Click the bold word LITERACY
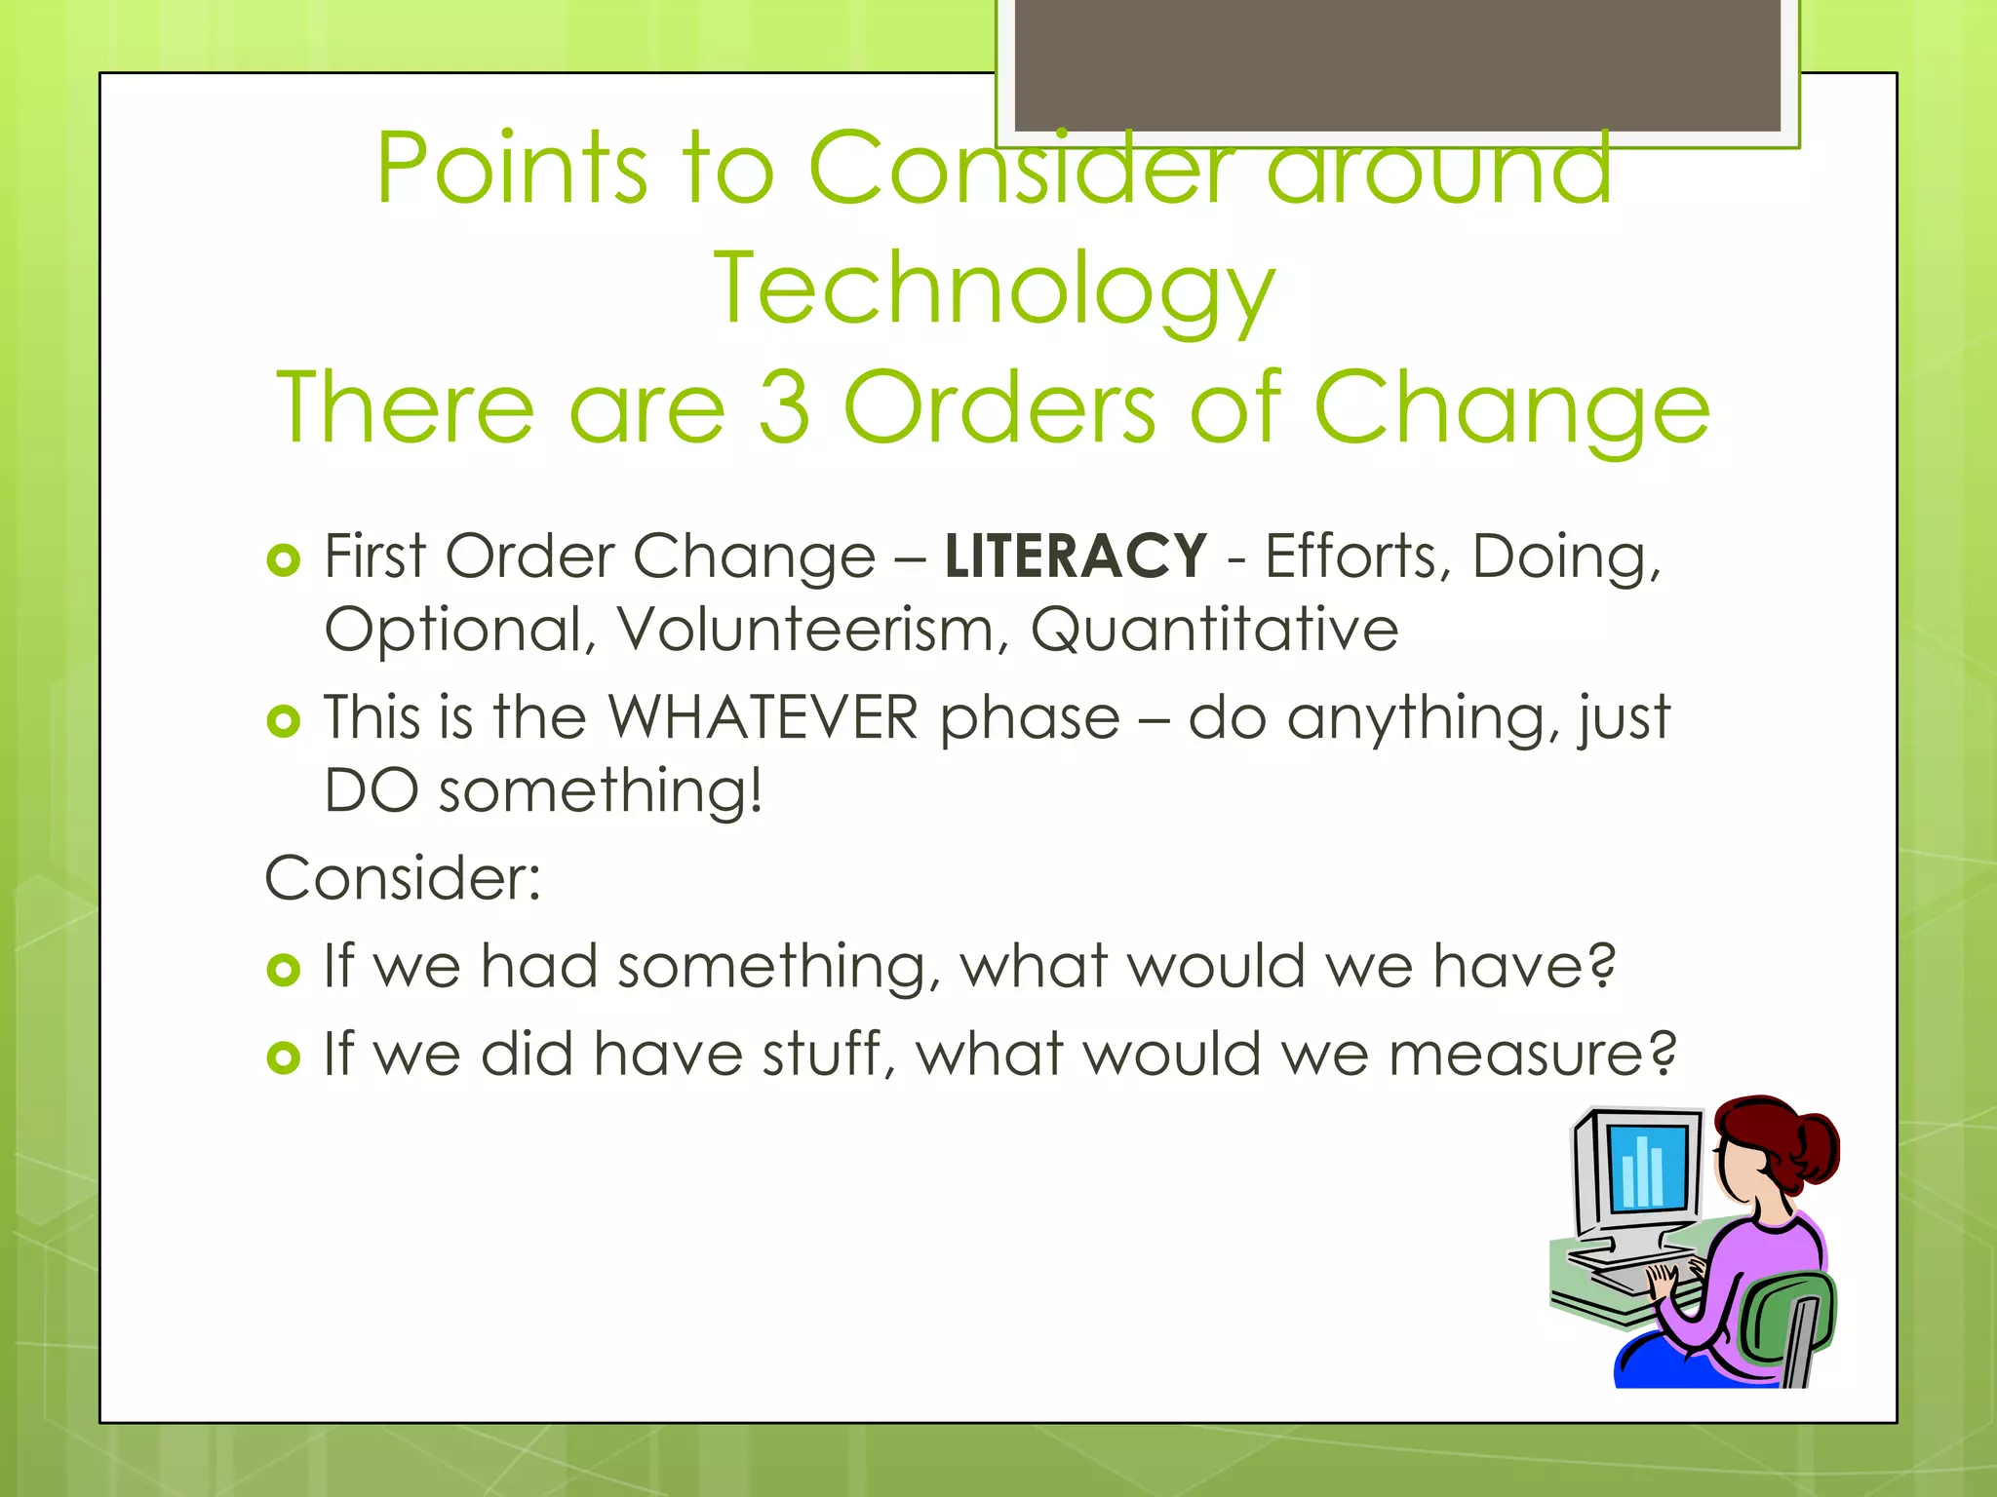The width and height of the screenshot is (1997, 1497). pos(1076,557)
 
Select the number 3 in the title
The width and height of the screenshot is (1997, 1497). pos(784,407)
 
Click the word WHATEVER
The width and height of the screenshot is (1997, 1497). pos(764,718)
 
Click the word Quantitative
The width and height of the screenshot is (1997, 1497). pos(1214,630)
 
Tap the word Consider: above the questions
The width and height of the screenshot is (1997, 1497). pos(403,878)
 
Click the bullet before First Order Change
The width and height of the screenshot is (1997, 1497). pos(283,560)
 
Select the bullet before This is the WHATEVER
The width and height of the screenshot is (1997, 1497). pos(283,721)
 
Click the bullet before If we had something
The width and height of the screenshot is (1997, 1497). pos(283,970)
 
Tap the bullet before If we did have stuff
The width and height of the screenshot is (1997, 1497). pos(283,1057)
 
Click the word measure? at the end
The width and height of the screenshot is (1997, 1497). pos(1532,1056)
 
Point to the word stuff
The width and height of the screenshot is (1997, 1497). pos(821,1056)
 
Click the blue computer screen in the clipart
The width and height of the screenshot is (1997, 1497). pos(1647,1168)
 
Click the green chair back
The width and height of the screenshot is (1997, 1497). pos(1789,1316)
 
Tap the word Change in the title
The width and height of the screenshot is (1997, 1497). pos(1511,407)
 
